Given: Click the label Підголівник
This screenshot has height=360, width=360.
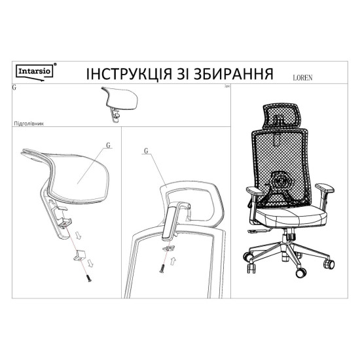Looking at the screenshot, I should pyautogui.click(x=27, y=122).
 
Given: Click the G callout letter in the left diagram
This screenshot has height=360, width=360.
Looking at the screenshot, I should pyautogui.click(x=107, y=146).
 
